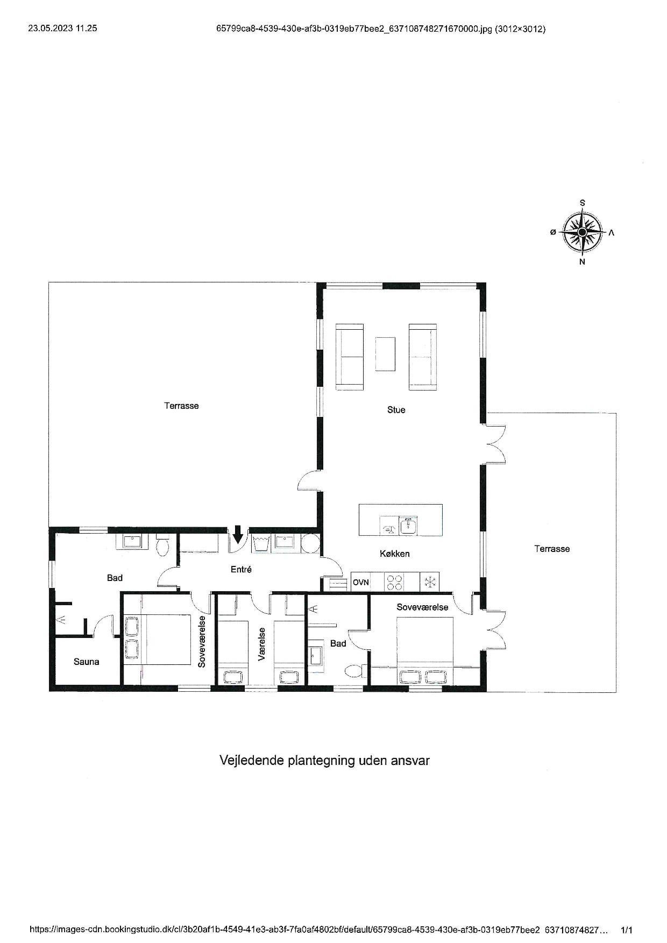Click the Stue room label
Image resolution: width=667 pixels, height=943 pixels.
[396, 410]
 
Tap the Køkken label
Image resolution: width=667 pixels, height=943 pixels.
[395, 554]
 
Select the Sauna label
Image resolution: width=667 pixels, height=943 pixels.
[87, 662]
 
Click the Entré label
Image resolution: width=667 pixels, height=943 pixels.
[241, 569]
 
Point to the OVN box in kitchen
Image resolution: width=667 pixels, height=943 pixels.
[361, 582]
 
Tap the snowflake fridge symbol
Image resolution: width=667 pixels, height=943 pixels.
[430, 582]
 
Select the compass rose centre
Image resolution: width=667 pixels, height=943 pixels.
[582, 232]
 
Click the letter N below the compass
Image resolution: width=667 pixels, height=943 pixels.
[582, 262]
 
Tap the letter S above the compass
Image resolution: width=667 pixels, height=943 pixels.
[583, 203]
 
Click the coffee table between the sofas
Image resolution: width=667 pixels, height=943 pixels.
[385, 353]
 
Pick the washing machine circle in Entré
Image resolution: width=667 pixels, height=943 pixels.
[310, 543]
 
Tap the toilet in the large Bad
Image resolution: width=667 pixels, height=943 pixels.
[162, 545]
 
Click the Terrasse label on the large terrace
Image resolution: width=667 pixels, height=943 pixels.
[181, 406]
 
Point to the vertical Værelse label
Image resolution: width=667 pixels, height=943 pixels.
[262, 644]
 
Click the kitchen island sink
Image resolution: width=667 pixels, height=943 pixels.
[408, 525]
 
